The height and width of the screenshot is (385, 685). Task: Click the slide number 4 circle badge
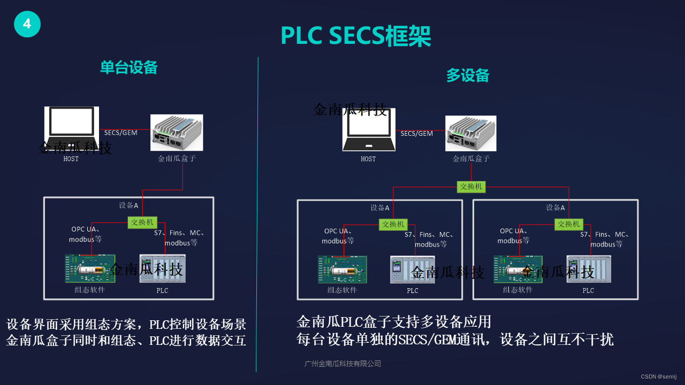27,24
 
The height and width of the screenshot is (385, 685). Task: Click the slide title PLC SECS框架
355,36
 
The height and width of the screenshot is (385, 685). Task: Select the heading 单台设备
129,67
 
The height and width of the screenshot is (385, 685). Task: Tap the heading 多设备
468,75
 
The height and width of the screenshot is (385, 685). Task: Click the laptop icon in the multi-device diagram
369,130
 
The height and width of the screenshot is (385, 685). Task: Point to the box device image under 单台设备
177,132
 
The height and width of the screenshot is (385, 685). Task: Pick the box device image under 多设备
471,133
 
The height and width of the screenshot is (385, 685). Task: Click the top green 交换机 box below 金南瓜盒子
471,187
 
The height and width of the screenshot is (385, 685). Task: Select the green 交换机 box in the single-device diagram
142,222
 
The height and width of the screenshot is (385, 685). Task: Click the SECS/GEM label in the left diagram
121,133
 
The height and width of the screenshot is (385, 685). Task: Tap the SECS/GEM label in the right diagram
417,134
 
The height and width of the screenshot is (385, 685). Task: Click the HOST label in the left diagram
71,159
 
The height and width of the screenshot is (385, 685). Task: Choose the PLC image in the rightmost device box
589,269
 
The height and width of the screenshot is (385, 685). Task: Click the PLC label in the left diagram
162,290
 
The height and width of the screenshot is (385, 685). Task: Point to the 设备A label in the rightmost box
555,207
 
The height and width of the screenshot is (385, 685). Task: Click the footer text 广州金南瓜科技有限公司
342,364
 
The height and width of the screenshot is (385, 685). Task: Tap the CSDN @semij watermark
658,376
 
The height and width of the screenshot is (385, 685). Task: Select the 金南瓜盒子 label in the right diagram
471,159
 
